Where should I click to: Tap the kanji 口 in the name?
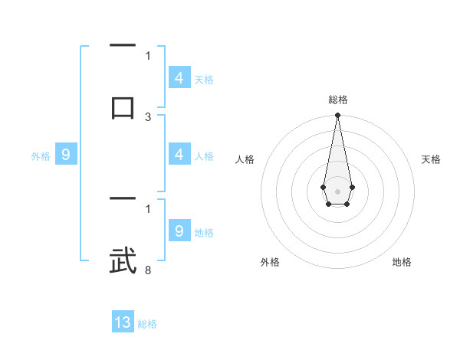123,107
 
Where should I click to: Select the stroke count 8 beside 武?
147,270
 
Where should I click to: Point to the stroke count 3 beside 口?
148,117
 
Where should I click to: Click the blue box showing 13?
123,322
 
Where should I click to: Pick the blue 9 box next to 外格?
66,155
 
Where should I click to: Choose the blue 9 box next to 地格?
179,231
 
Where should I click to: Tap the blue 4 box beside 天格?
179,77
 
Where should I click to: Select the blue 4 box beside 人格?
179,155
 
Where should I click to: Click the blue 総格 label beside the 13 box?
147,324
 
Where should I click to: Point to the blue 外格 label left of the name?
41,156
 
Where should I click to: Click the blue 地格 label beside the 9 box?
204,233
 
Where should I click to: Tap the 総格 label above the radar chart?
337,100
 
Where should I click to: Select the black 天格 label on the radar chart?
431,159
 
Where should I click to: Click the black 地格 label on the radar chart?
402,263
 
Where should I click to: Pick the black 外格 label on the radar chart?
270,263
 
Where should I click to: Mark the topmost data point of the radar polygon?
337,116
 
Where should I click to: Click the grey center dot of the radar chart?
337,190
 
